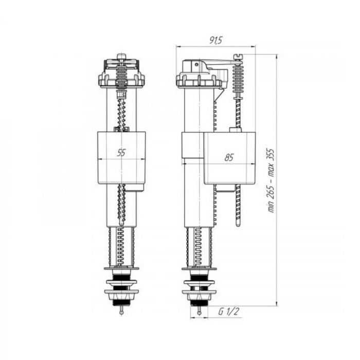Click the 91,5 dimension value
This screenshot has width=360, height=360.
(215, 40)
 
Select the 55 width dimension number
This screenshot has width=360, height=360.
(121, 152)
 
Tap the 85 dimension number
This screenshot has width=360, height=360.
(229, 157)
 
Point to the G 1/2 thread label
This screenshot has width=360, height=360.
(229, 312)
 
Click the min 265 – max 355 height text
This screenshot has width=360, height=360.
(272, 181)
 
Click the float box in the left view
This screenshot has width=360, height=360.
(121, 157)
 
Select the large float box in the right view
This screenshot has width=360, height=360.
(229, 158)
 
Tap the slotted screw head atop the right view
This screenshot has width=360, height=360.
(238, 57)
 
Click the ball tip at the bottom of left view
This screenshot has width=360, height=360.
(121, 312)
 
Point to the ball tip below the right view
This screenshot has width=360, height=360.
(200, 313)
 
